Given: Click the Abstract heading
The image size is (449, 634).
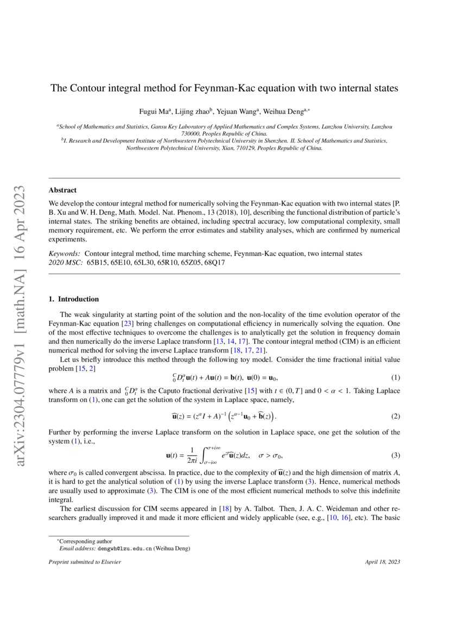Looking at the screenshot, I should coord(62,190).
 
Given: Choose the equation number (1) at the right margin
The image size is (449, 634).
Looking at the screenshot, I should coord(396,377).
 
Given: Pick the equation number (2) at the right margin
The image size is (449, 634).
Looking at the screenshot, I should coord(396,417).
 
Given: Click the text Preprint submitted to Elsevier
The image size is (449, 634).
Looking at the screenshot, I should coord(85,561).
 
